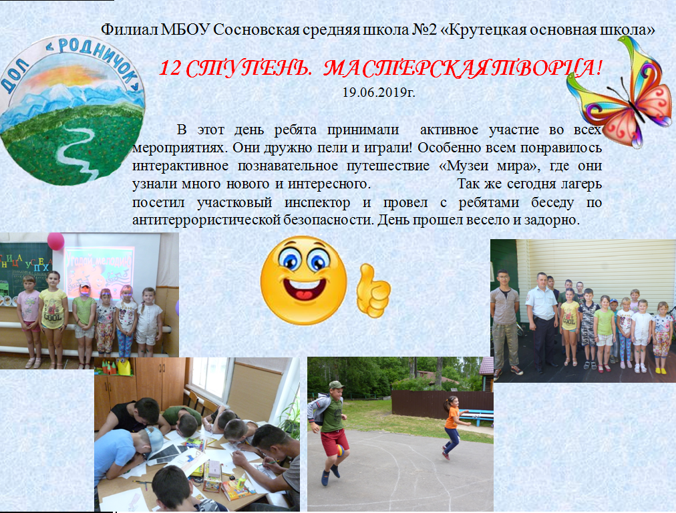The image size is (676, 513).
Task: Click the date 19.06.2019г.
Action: click(x=379, y=93)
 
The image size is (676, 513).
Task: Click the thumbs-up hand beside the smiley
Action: click(x=373, y=290)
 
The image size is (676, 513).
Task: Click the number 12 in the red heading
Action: click(x=170, y=68)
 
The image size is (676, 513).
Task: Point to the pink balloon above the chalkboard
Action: click(x=55, y=241)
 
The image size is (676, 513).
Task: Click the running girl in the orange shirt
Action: click(x=453, y=427)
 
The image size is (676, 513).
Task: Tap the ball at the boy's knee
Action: click(x=340, y=450)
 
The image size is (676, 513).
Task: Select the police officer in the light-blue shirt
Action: click(x=542, y=322)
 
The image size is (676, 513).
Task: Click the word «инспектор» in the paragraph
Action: click(x=317, y=202)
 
